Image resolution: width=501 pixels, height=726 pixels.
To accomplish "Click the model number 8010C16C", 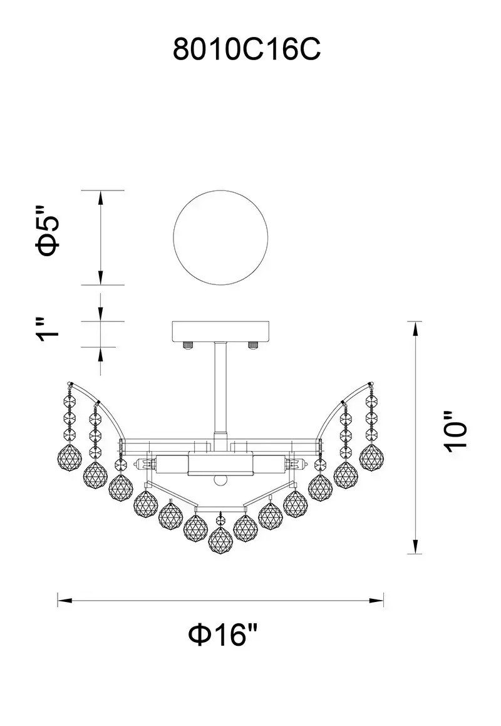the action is click(x=247, y=49).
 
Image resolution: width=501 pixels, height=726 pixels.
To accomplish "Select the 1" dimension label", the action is click(x=49, y=329).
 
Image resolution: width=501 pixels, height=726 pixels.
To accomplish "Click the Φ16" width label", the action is click(x=223, y=634).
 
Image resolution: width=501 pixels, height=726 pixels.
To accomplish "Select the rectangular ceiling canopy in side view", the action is click(x=220, y=331).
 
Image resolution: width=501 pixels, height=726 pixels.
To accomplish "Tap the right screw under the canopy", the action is click(x=253, y=345).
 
